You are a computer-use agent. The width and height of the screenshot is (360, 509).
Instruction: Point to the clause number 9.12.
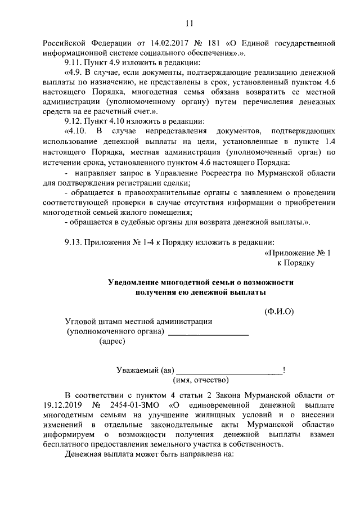click(x=74, y=120)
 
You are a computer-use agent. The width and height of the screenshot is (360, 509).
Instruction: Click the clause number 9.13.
click(x=74, y=242)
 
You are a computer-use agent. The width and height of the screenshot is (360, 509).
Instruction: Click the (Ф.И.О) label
click(x=279, y=311)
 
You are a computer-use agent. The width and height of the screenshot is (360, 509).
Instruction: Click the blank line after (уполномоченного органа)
click(x=208, y=334)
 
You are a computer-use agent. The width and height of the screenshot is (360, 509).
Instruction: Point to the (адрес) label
click(x=112, y=341)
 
